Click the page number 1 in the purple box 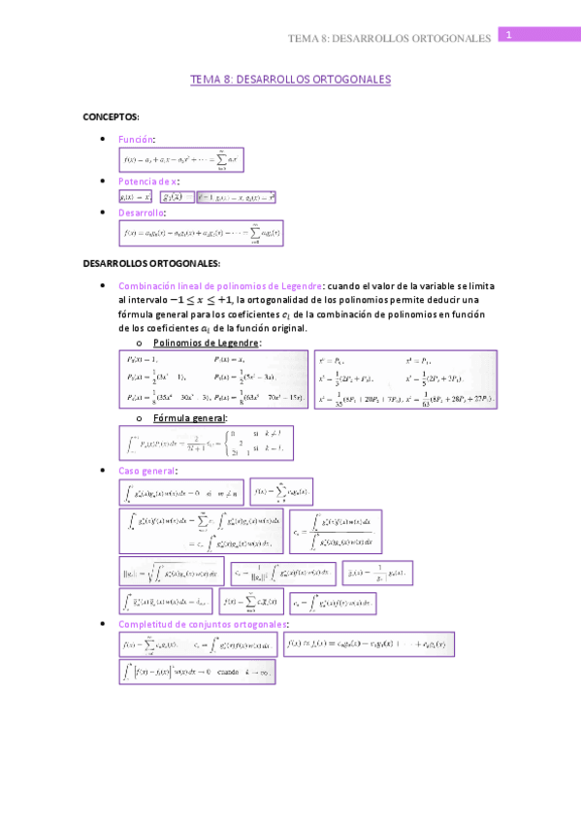[x=508, y=34]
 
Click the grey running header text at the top [x=390, y=39]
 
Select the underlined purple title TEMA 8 [x=290, y=80]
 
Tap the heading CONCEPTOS [x=111, y=116]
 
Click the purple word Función [x=136, y=140]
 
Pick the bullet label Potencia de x [x=147, y=181]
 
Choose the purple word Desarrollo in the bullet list [x=142, y=213]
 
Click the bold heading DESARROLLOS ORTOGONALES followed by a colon [x=151, y=263]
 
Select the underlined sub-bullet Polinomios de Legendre [x=207, y=343]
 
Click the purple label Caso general [x=146, y=471]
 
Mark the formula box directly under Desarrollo [x=201, y=233]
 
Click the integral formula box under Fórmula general [x=210, y=444]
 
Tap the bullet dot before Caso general [x=105, y=471]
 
